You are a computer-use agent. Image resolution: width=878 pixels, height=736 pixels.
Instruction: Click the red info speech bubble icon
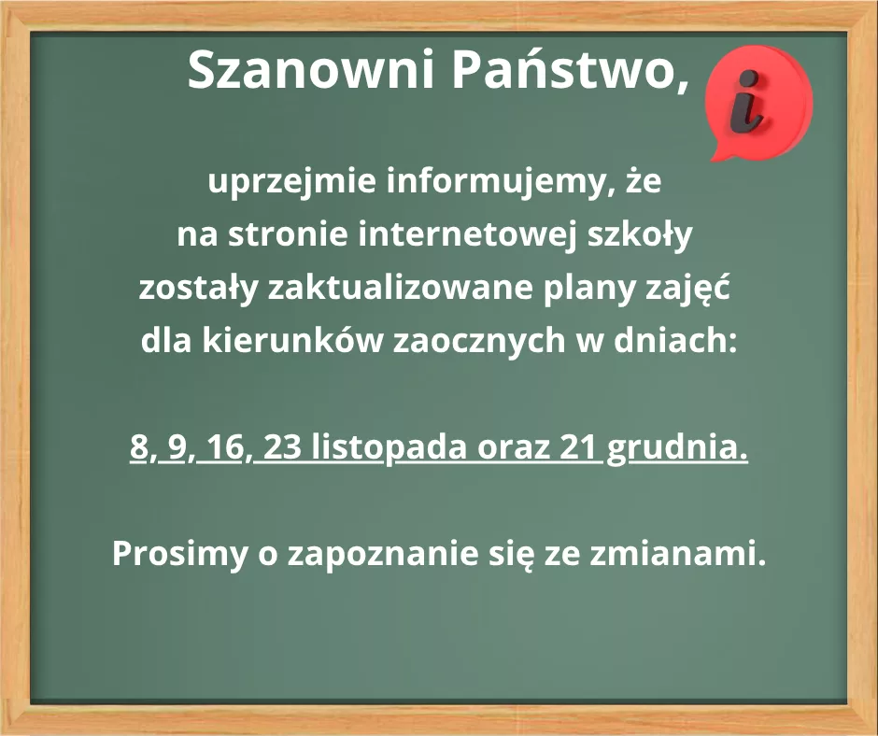(x=758, y=103)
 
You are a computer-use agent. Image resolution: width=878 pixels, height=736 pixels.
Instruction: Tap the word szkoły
(x=640, y=234)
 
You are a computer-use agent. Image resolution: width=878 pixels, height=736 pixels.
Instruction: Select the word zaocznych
(x=479, y=341)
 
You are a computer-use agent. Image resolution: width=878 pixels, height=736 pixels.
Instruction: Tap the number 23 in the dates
(x=282, y=447)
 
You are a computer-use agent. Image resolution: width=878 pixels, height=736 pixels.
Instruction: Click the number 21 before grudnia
(x=578, y=447)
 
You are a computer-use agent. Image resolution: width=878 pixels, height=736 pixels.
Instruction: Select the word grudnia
(x=677, y=449)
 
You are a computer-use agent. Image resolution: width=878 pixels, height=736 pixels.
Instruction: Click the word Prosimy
(x=179, y=554)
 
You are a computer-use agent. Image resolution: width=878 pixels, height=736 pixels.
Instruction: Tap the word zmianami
(x=677, y=553)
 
